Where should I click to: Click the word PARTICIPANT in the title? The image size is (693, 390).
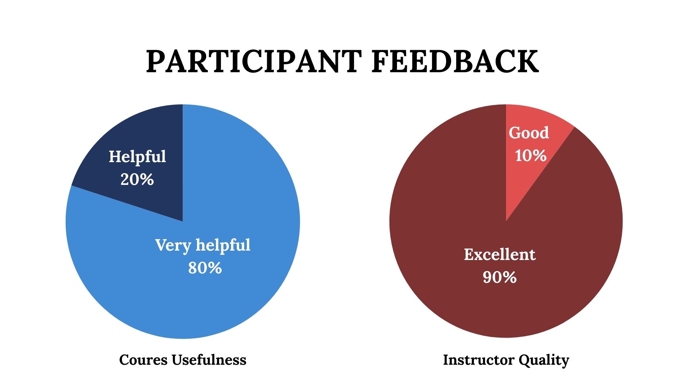(x=254, y=61)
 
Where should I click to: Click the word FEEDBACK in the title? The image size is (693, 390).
(x=455, y=61)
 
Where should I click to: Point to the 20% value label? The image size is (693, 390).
(x=137, y=179)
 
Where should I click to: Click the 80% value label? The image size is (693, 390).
(x=205, y=268)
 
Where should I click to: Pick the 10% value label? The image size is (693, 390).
(x=531, y=156)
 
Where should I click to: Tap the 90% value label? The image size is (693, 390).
(x=500, y=277)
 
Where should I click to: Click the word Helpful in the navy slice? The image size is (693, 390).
(x=138, y=157)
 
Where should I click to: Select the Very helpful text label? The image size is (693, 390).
(x=203, y=246)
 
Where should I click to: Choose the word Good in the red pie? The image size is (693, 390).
(x=529, y=133)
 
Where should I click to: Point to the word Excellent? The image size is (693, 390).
(x=500, y=254)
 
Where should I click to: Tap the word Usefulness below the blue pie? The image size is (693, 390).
(x=209, y=360)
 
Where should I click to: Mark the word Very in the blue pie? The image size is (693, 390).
(x=173, y=246)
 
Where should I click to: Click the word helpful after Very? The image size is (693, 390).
(x=223, y=246)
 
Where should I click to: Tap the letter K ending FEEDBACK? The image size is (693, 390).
(x=528, y=61)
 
